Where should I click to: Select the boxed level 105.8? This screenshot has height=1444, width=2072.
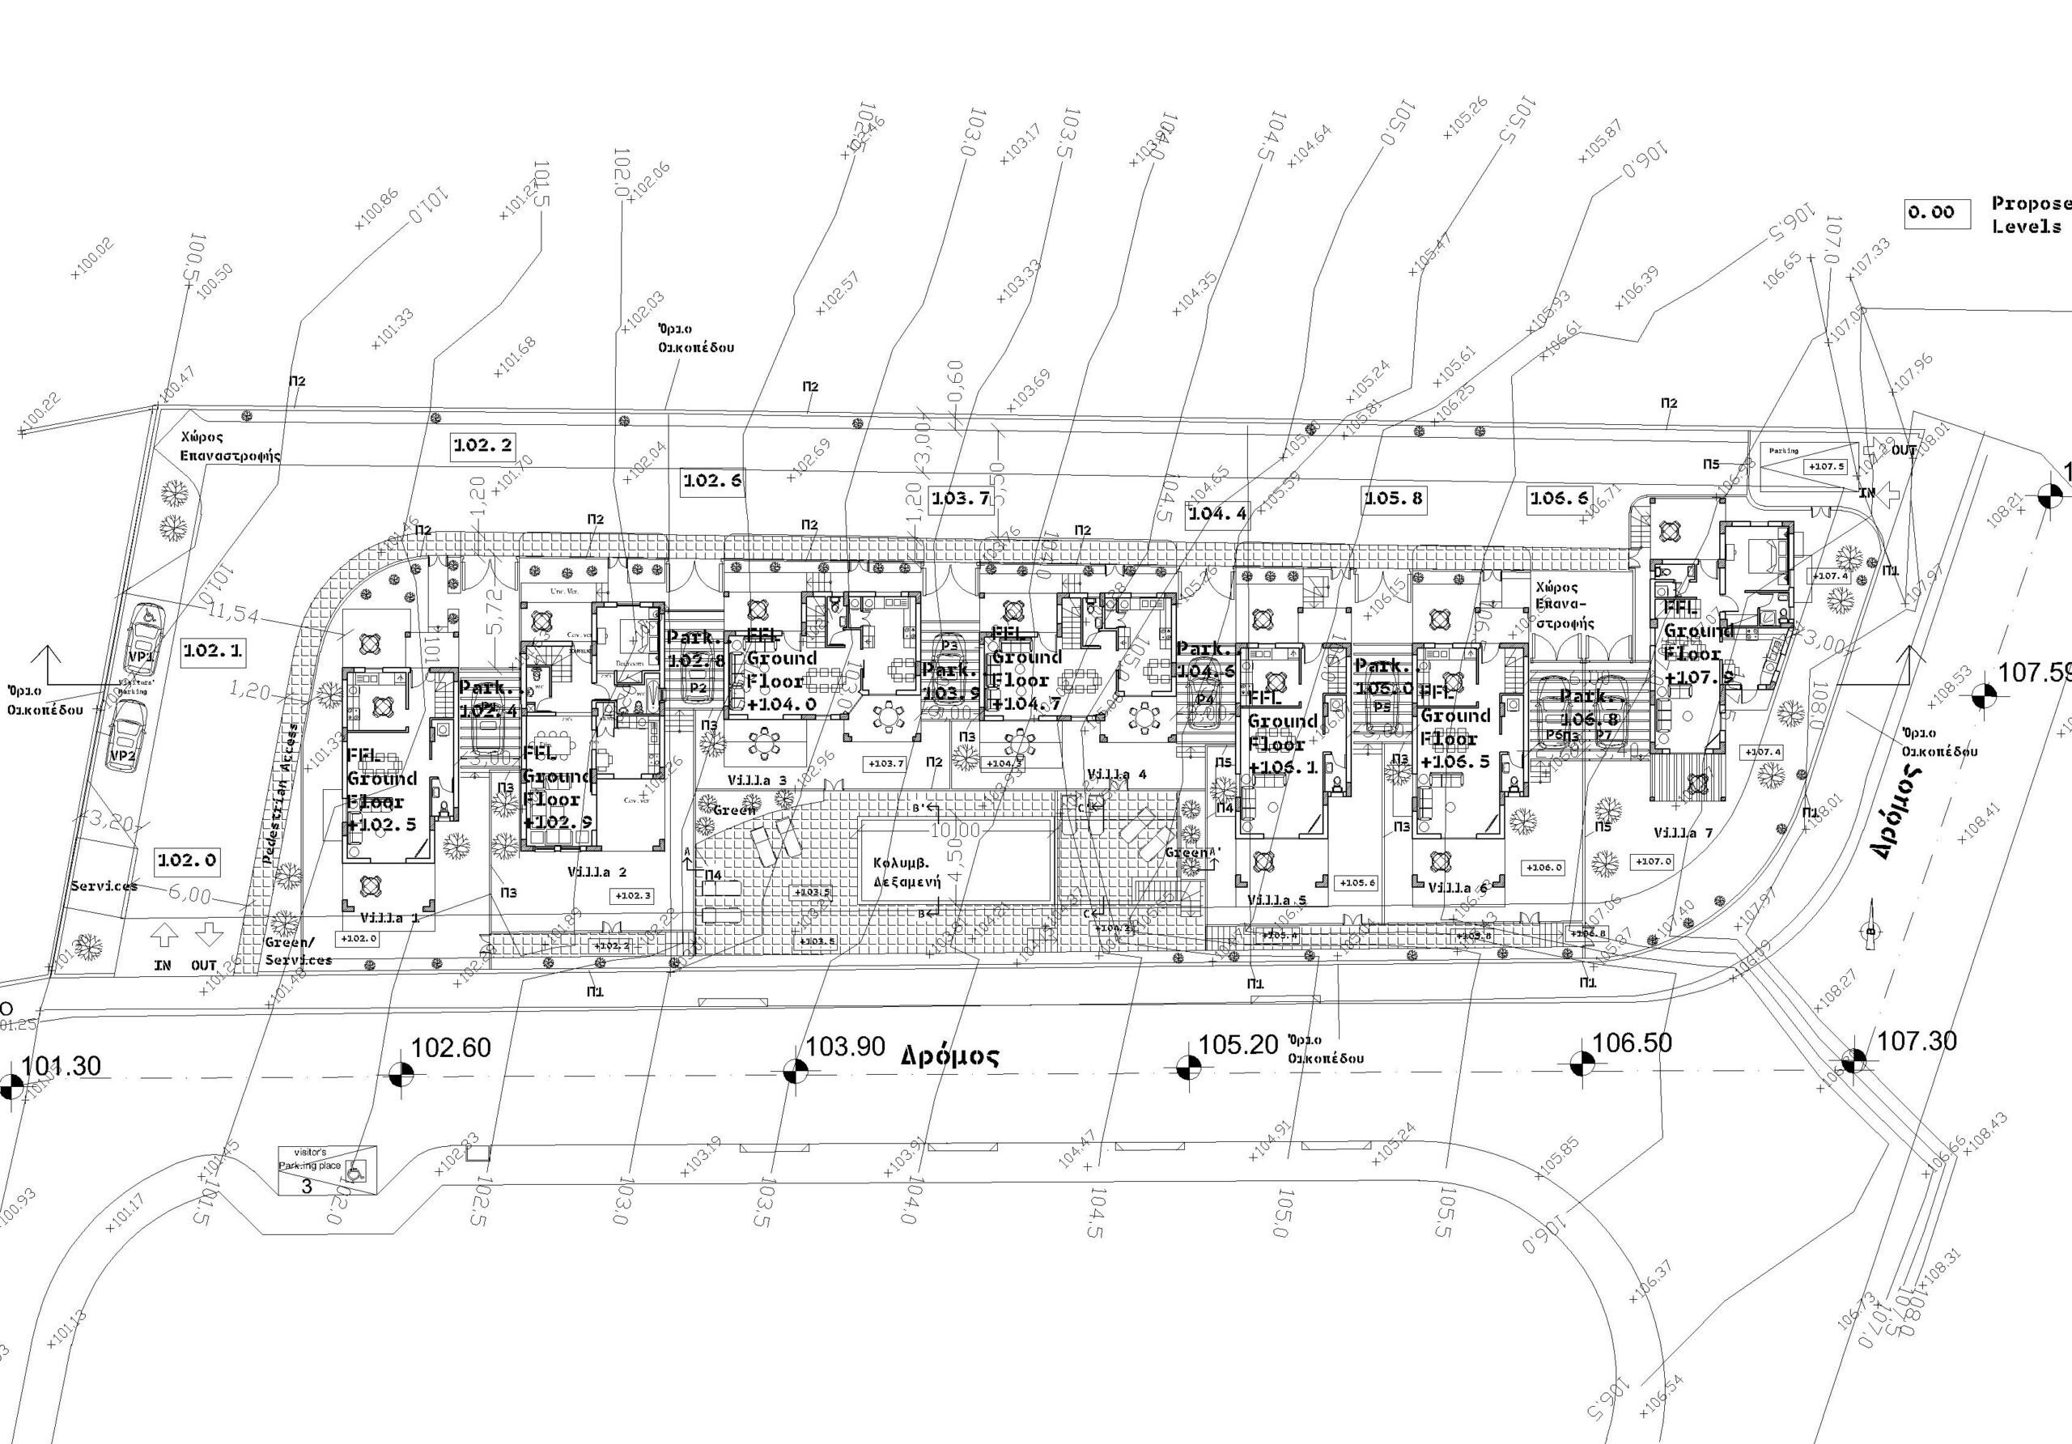point(1394,497)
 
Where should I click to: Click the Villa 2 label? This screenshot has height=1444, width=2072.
point(597,872)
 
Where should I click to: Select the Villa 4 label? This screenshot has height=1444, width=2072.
point(1116,775)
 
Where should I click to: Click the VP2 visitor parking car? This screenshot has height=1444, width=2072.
point(125,736)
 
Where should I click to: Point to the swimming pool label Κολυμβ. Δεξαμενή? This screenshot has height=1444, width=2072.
point(907,873)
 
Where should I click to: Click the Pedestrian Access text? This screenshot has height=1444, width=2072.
point(281,794)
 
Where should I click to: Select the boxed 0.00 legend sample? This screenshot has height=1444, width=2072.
point(1937,213)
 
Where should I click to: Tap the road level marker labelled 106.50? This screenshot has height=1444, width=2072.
point(1581,1064)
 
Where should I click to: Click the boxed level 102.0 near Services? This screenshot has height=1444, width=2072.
point(187,860)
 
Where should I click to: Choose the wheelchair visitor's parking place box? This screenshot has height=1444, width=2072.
point(327,1170)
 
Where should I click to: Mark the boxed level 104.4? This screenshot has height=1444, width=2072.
point(1217,513)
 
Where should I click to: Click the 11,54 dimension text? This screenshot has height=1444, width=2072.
point(232,614)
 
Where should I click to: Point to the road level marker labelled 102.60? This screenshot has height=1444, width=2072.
point(401,1073)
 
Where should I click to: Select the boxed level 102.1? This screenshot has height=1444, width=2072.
point(212,651)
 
